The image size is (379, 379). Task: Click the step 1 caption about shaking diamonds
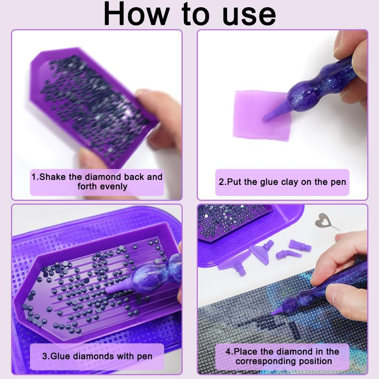pos(97,182)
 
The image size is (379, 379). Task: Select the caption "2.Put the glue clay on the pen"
pos(282,182)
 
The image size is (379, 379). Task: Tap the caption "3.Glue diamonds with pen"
pos(97,356)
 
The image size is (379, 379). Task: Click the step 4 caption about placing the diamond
pos(282,356)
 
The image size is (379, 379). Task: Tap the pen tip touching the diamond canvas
pos(276,312)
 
